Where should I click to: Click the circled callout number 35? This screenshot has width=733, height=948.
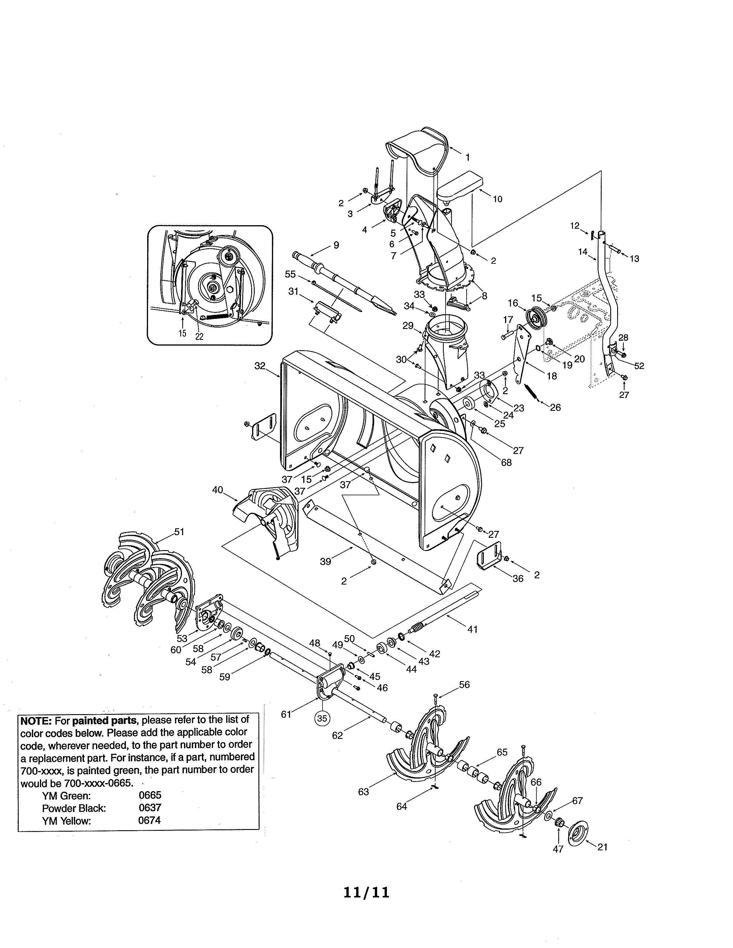pyautogui.click(x=321, y=718)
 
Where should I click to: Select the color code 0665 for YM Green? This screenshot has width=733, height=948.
pyautogui.click(x=150, y=795)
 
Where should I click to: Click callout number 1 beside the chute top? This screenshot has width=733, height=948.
pyautogui.click(x=468, y=157)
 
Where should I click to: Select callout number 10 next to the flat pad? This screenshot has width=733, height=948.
pyautogui.click(x=497, y=199)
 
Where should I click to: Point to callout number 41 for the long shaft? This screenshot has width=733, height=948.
pyautogui.click(x=473, y=629)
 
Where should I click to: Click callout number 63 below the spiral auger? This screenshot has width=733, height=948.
pyautogui.click(x=363, y=792)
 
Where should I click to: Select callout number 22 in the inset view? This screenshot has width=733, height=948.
pyautogui.click(x=199, y=336)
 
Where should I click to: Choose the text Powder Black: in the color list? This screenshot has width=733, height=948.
pyautogui.click(x=74, y=808)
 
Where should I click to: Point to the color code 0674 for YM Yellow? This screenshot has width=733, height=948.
pyautogui.click(x=149, y=820)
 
